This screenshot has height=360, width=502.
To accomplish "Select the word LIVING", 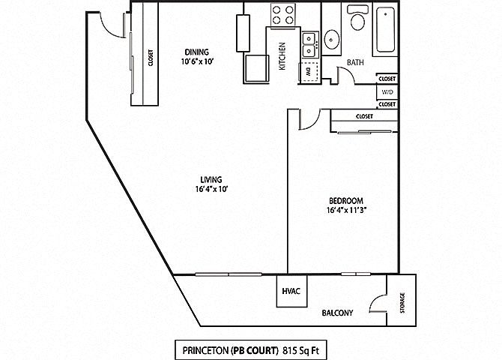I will tap(210, 179).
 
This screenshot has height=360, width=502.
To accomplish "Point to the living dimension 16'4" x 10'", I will tap(210, 189).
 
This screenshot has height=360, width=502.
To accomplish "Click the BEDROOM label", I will tap(346, 201).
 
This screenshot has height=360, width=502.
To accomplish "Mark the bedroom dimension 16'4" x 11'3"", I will tap(346, 211).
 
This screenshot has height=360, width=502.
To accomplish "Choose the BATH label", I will tap(355, 63).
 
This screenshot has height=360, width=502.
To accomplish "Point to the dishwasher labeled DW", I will tap(306, 73).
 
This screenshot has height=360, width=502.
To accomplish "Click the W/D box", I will tap(387, 91).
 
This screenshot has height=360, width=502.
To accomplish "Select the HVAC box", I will tap(291, 291).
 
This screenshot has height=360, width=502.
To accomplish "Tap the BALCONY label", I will tap(337, 313).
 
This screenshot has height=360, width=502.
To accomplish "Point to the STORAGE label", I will tap(402, 303).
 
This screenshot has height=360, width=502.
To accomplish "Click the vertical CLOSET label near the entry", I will tap(151, 58).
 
